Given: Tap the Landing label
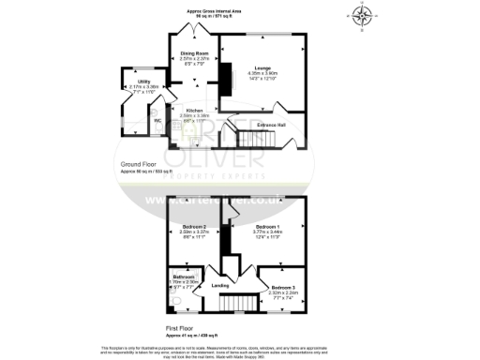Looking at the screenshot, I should coord(221,285).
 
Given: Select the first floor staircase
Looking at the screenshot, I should coord(243,305).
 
